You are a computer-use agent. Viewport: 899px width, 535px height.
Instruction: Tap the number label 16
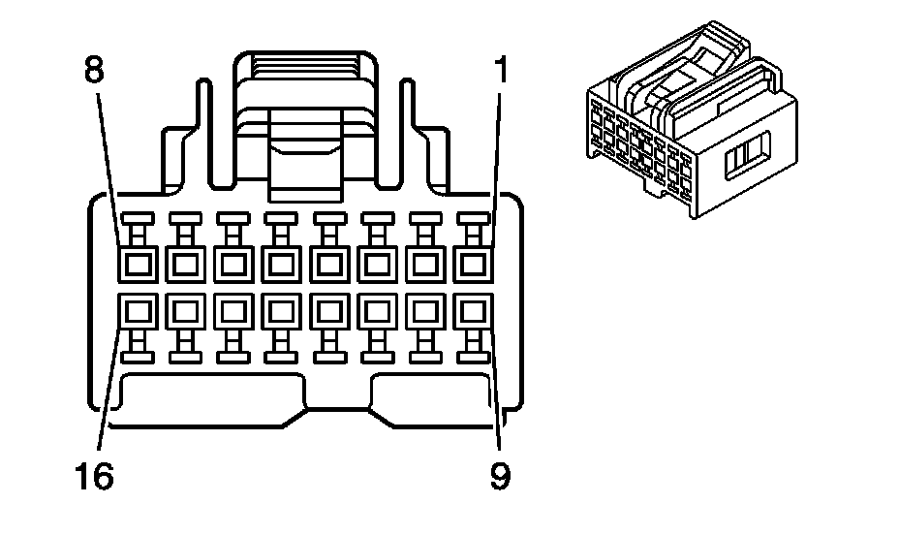(93, 476)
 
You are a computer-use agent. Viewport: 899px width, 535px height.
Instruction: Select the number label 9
(500, 476)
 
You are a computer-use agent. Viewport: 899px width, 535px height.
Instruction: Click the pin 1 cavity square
(472, 263)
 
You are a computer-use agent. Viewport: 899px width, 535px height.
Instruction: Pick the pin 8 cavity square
(136, 263)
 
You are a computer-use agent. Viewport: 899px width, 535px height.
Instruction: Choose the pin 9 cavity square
(472, 311)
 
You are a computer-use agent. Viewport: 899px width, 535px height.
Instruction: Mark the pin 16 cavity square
(136, 311)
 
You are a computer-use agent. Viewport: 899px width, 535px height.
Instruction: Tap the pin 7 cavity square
(184, 263)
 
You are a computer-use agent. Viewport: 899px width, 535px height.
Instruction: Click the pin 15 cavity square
(184, 311)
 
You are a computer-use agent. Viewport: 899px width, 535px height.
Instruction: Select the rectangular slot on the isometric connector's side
(748, 154)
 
